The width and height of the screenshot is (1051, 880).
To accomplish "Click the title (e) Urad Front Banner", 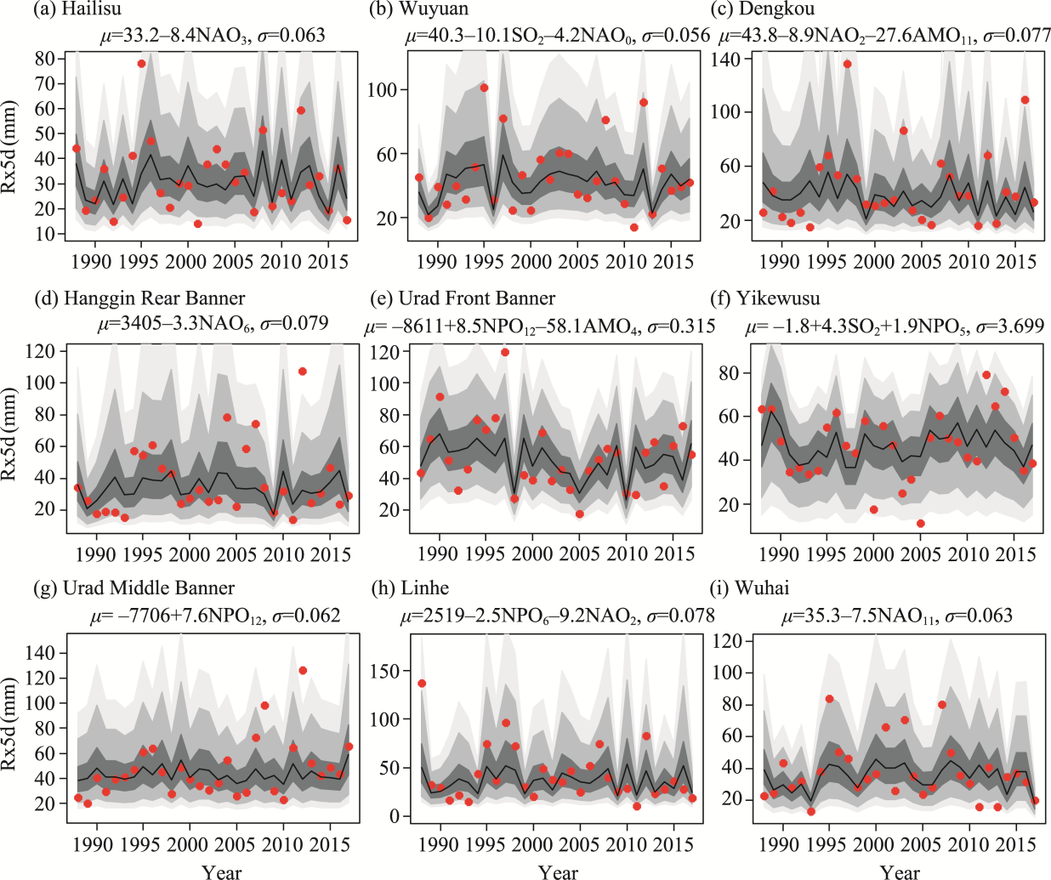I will click(x=463, y=298).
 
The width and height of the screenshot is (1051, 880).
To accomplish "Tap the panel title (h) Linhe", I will click(x=411, y=588).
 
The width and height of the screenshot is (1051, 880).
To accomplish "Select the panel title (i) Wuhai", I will click(x=750, y=588).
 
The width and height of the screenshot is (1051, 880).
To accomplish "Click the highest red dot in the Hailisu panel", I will click(x=141, y=64).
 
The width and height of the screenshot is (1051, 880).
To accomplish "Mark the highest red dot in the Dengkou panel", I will click(x=847, y=65).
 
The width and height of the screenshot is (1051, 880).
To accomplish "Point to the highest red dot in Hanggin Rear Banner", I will click(x=302, y=372).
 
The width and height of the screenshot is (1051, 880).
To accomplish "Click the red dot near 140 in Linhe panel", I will click(x=422, y=684).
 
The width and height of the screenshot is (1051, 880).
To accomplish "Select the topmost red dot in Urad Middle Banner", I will click(x=303, y=671).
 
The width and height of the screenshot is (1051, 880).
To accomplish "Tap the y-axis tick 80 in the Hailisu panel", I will click(x=45, y=59).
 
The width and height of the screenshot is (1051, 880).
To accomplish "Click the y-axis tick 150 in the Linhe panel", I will click(x=387, y=671).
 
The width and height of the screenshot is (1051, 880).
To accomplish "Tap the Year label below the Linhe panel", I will click(x=558, y=871).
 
